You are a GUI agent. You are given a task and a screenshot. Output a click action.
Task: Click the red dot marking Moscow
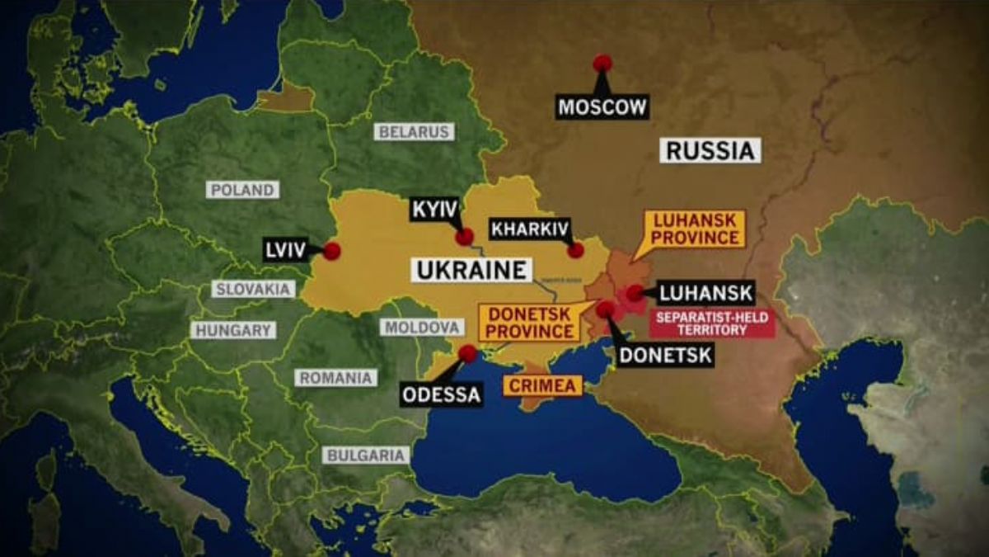point(602,64)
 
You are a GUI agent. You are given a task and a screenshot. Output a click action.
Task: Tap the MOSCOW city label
point(602,106)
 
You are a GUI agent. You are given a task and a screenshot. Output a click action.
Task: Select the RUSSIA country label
point(710,150)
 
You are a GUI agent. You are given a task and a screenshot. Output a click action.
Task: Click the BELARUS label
point(414,131)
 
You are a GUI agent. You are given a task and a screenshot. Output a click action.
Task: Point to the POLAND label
point(242,190)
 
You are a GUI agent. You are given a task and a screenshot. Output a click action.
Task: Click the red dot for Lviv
point(331,251)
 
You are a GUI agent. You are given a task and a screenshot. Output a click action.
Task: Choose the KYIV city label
point(434,210)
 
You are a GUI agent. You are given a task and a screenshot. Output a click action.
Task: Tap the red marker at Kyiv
point(464,237)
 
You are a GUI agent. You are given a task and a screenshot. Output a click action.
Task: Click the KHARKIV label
point(530,229)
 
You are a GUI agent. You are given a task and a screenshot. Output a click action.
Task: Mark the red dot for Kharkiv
point(575,250)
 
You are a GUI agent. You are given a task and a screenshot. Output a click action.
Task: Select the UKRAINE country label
point(471,270)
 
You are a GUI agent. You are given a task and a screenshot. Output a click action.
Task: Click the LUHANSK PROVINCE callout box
point(696,229)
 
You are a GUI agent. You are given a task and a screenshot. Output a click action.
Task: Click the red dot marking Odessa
point(467,353)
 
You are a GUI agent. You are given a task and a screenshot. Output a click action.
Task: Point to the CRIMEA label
point(542,385)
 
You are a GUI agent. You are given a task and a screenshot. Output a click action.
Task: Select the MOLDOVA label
point(421,327)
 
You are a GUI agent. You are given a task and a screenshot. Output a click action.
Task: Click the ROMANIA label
point(335,378)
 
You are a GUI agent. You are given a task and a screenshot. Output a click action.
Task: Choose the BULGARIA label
point(366,455)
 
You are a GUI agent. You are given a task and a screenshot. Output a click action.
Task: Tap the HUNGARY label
point(233,330)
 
